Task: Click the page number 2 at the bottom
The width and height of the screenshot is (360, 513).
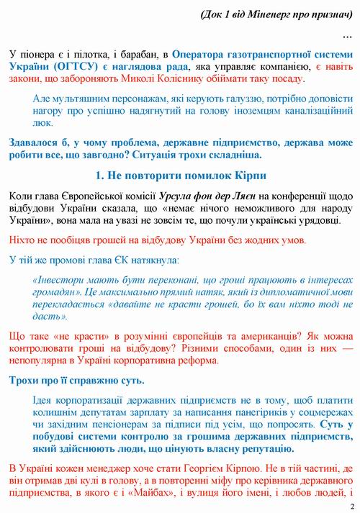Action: pyautogui.click(x=353, y=505)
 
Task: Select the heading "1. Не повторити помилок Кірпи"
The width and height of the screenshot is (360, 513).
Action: pyautogui.click(x=180, y=176)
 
